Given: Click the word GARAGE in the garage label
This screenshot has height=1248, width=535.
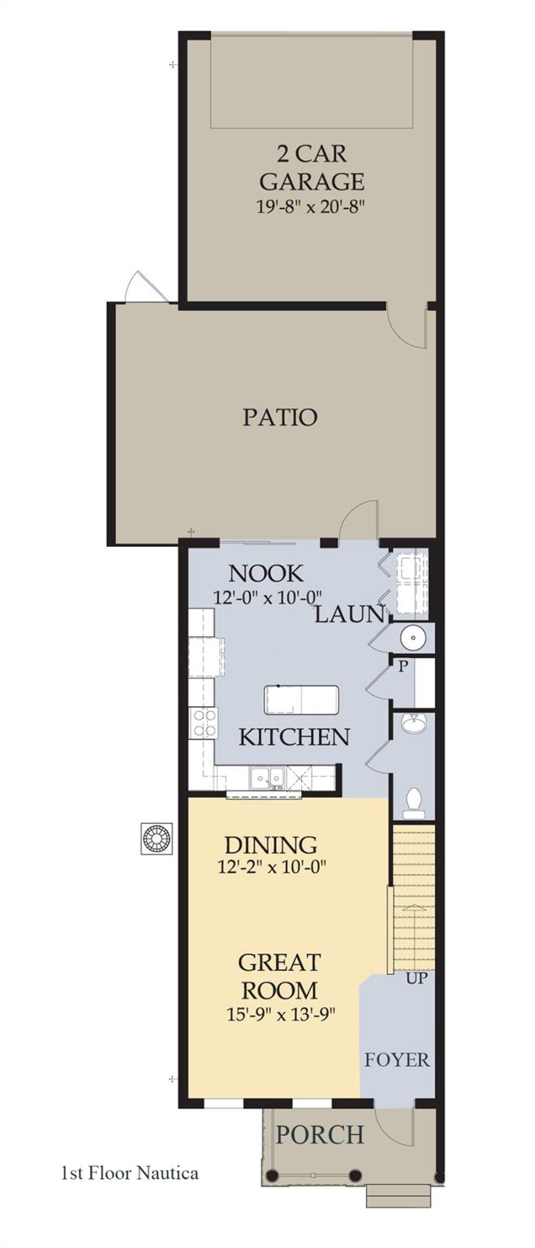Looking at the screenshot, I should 312,180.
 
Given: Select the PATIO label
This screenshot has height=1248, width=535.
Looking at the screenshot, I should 279,418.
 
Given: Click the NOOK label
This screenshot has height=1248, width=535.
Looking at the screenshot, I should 265,573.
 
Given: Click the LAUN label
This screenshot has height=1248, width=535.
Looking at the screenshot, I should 348,614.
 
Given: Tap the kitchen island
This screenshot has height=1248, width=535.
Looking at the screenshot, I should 301,700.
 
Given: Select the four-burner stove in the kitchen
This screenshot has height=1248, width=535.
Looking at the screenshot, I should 203,722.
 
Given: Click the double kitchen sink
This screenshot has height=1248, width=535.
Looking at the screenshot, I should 266,778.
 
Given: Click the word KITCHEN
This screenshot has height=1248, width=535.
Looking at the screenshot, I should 294,738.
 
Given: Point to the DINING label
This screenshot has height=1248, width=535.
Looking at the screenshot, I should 270,845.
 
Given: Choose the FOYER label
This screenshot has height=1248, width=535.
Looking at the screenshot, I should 396,1060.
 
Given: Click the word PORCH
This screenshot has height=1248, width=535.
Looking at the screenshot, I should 320,1134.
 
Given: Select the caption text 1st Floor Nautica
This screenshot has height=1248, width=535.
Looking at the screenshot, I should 129,1172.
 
